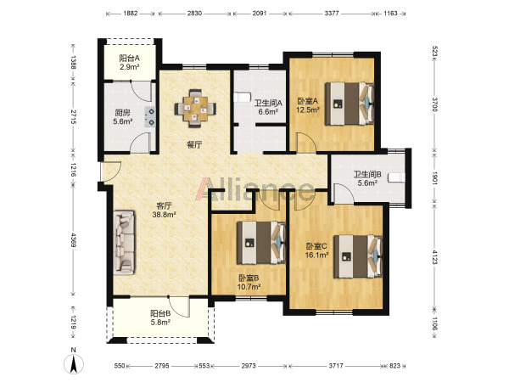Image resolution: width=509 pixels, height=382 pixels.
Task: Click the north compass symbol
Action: (74, 362)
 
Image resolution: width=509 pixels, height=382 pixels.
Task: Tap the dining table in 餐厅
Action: (195, 109)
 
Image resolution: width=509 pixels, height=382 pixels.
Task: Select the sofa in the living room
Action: (124, 243)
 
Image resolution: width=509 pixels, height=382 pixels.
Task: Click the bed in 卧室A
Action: (350, 104)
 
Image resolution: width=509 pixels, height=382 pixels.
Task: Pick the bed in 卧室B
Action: (261, 243)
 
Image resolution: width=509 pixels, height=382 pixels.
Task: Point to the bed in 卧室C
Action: (358, 256)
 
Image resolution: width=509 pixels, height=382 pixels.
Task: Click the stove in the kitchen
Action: (151, 117)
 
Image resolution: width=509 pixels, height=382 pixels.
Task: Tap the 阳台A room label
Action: (129, 59)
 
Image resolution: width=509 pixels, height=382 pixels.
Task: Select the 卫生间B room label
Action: (367, 174)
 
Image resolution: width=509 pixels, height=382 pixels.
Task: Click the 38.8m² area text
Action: (165, 215)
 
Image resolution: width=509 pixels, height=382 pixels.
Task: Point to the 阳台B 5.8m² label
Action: (160, 318)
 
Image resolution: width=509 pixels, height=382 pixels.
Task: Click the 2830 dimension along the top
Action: (194, 14)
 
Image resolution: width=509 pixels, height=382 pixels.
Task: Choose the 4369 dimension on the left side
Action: (74, 240)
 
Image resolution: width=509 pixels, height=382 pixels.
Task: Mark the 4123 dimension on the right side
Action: (435, 256)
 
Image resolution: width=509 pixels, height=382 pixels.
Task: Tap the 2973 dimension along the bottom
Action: (249, 366)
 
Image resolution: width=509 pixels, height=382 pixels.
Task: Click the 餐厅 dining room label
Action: (194, 145)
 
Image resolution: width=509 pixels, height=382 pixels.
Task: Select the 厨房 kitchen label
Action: (122, 113)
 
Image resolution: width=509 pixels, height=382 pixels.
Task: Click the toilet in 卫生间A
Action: (242, 97)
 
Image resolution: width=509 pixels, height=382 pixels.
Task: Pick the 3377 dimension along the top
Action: (332, 14)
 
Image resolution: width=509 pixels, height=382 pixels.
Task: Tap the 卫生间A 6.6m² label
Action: (268, 108)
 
